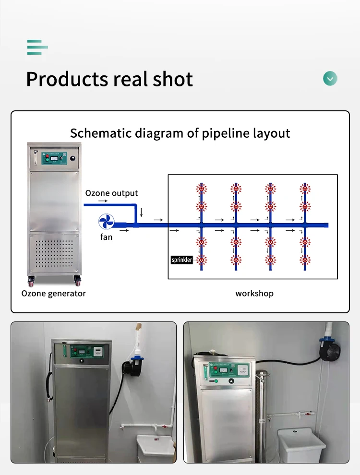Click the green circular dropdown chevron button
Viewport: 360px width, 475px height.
[330, 78]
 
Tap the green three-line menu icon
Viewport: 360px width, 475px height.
[37, 47]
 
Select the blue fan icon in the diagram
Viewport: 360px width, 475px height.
[106, 221]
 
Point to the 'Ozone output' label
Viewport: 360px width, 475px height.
[111, 193]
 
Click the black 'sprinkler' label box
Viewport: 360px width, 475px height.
[182, 260]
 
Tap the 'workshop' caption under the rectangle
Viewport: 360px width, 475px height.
[254, 293]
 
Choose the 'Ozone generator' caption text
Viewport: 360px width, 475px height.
[54, 293]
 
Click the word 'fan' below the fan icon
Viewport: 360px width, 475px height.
[106, 237]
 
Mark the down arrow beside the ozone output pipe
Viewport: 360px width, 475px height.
[141, 212]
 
